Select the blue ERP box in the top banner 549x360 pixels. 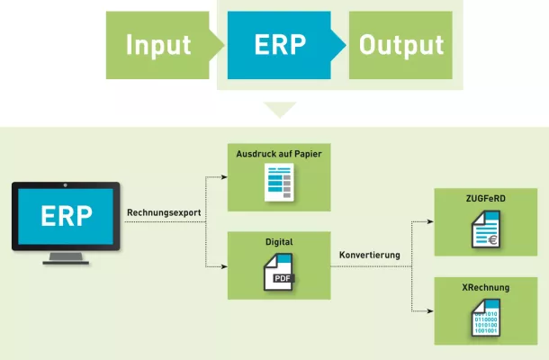[x=280, y=45]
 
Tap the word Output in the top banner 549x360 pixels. [x=401, y=45]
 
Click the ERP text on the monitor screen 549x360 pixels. [x=66, y=216]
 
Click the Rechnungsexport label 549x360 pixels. [x=164, y=213]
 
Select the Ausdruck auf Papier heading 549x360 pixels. [x=279, y=154]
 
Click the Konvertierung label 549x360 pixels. [x=370, y=255]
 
